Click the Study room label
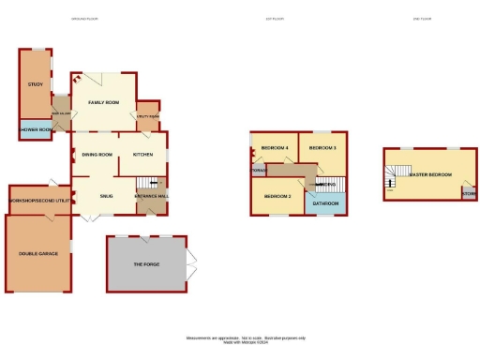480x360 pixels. [x=36, y=85]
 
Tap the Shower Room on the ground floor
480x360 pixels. [x=36, y=129]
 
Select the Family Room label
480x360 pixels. [x=103, y=101]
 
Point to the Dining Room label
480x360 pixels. [x=97, y=154]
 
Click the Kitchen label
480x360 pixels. [x=142, y=154]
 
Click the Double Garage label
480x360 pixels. [x=37, y=253]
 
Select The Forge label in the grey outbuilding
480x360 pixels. [x=146, y=264]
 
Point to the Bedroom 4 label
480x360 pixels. [x=274, y=148]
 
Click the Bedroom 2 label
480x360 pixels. [x=277, y=196]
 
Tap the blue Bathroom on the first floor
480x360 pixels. [x=325, y=202]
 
